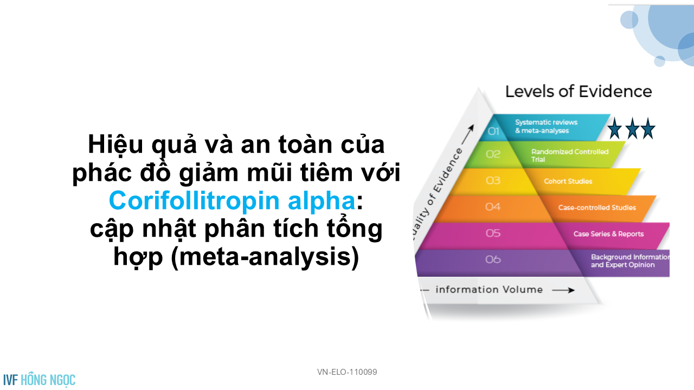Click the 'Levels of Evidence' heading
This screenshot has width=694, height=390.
point(579,92)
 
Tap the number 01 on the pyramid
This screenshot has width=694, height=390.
point(493,131)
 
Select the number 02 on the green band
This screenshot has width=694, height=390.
point(493,154)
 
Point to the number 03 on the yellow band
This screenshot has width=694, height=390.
point(493,180)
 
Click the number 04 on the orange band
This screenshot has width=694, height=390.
point(493,206)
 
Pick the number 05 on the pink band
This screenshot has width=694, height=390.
point(493,233)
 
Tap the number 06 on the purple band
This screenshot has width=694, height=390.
point(493,259)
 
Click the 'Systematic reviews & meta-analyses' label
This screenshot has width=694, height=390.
point(546,126)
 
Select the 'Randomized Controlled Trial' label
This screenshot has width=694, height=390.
point(570,155)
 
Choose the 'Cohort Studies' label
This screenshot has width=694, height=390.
point(568,181)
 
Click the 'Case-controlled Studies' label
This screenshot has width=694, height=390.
point(597,207)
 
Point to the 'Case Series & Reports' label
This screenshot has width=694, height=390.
point(608,233)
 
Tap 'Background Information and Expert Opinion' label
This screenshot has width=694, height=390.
point(630,261)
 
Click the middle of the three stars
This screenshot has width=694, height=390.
point(632,128)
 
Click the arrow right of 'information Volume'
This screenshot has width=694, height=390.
point(563,290)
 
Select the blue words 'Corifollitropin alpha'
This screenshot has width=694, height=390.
point(232,200)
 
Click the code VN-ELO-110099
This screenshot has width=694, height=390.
point(347,372)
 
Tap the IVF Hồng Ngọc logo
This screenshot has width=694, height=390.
point(40,380)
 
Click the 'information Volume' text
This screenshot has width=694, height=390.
point(489,290)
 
